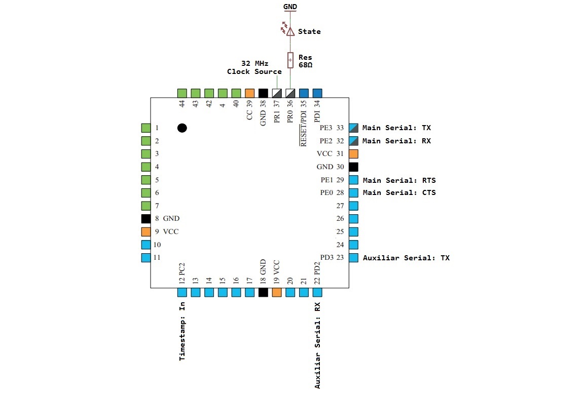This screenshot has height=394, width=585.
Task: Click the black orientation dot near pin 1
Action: (182, 128)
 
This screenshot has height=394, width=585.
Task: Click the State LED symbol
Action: (290, 31)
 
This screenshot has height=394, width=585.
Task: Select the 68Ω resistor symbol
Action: (290, 60)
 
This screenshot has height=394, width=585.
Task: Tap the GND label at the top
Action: (290, 7)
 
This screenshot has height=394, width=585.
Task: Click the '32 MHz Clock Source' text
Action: (254, 67)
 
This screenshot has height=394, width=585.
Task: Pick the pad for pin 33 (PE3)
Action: (354, 128)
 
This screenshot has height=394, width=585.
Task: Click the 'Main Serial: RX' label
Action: (396, 141)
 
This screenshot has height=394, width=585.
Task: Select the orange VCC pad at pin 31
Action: (354, 153)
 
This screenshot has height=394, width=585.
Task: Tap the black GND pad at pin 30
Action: (354, 167)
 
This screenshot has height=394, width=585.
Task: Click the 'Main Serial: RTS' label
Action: (399, 180)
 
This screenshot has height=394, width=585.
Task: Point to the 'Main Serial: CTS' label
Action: (399, 192)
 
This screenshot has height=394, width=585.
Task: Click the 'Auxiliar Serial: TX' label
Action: (406, 258)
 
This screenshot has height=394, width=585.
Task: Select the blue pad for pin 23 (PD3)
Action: (354, 258)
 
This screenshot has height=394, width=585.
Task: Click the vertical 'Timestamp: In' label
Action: (182, 331)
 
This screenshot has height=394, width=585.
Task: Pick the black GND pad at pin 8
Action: (146, 219)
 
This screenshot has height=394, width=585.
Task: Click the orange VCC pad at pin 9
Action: (146, 231)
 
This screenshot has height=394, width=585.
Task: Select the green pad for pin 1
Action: (146, 128)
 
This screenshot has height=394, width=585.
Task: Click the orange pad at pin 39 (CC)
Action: (249, 93)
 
